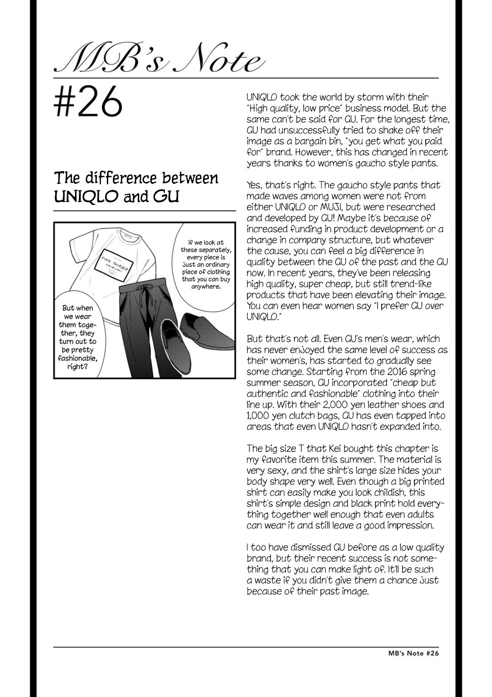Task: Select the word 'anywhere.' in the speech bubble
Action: point(205,287)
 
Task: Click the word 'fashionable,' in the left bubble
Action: point(78,358)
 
